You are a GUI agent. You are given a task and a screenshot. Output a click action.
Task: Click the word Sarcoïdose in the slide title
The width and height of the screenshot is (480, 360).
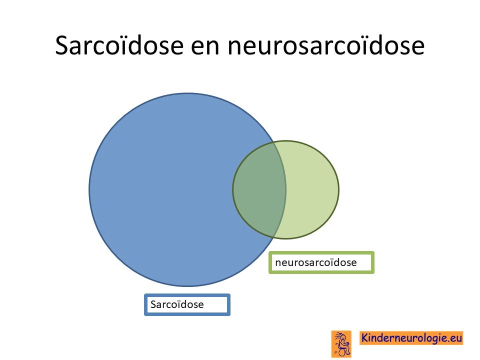click(119, 45)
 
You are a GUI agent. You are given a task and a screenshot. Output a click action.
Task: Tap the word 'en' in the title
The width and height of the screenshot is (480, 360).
click(205, 47)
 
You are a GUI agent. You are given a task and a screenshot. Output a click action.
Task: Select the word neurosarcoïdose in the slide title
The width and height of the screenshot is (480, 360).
click(325, 45)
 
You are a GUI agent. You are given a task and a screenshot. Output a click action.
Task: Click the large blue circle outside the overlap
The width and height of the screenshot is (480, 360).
click(159, 190)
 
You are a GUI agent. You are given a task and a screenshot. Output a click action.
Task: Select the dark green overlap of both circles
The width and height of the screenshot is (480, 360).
click(258, 190)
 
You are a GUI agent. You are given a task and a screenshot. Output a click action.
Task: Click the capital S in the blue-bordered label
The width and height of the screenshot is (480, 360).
click(153, 304)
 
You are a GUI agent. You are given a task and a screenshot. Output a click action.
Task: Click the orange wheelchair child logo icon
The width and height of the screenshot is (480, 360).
click(341, 344)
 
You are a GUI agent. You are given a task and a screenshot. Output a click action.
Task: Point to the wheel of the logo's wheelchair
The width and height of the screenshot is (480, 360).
click(342, 352)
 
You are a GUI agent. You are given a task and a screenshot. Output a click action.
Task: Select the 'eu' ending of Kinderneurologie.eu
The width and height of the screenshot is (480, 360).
click(455, 338)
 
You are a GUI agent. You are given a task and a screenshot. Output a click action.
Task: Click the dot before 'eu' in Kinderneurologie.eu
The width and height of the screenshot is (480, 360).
click(447, 341)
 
